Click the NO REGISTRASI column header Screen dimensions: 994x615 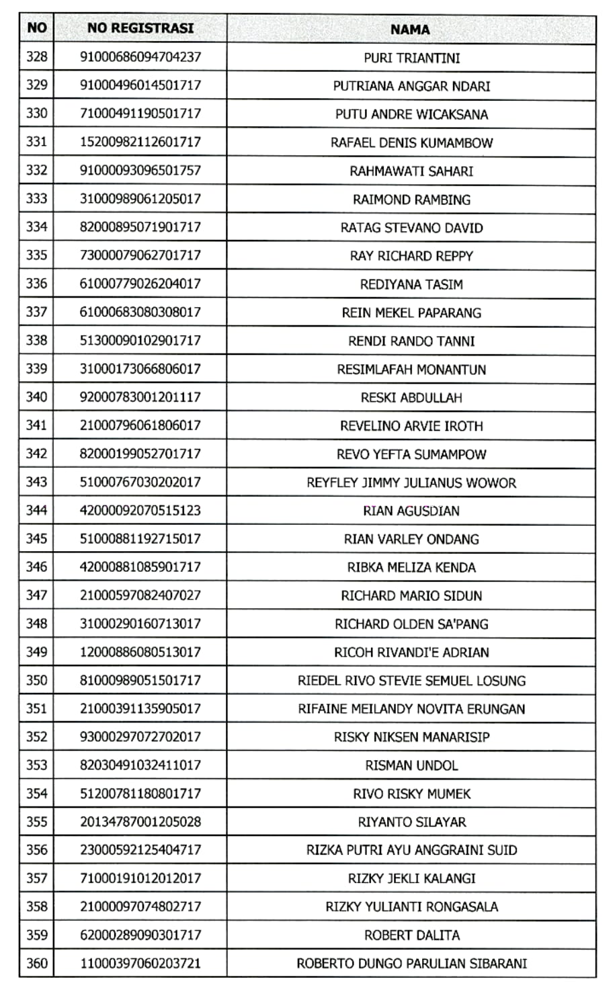(140, 28)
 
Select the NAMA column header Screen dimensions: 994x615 (410, 29)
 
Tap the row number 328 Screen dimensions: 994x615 (36, 56)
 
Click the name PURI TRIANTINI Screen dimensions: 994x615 (411, 58)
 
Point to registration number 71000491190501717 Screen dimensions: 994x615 (140, 114)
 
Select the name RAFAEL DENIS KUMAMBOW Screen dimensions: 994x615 (411, 142)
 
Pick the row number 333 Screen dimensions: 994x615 (36, 198)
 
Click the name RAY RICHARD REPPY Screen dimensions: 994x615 (411, 256)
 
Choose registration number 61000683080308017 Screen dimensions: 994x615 (140, 312)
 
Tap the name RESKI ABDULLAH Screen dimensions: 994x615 (411, 397)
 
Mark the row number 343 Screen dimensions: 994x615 (36, 482)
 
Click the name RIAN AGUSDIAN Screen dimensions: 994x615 (411, 511)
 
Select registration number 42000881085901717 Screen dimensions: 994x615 (140, 567)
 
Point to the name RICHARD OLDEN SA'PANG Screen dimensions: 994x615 (411, 624)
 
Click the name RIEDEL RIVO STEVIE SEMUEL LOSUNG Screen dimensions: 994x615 (411, 680)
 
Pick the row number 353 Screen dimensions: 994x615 (36, 765)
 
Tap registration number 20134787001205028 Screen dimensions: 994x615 (140, 821)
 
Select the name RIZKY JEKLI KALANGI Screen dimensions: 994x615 (411, 878)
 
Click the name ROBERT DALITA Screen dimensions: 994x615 (411, 935)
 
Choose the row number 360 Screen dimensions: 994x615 (36, 963)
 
